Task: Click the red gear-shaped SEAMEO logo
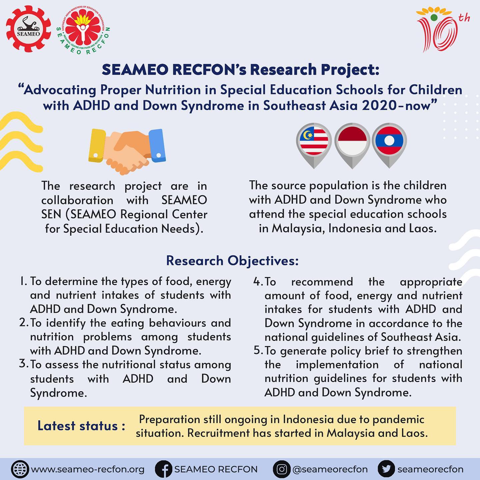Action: click(x=29, y=30)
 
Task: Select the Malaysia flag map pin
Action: click(x=314, y=142)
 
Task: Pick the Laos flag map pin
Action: click(x=389, y=142)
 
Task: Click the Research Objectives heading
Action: click(x=232, y=261)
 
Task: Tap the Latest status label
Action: click(x=81, y=426)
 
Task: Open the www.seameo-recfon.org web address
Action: click(x=88, y=469)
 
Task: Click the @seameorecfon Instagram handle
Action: click(x=330, y=469)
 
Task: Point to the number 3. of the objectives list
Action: click(x=23, y=364)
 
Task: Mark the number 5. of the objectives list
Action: click(x=258, y=351)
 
